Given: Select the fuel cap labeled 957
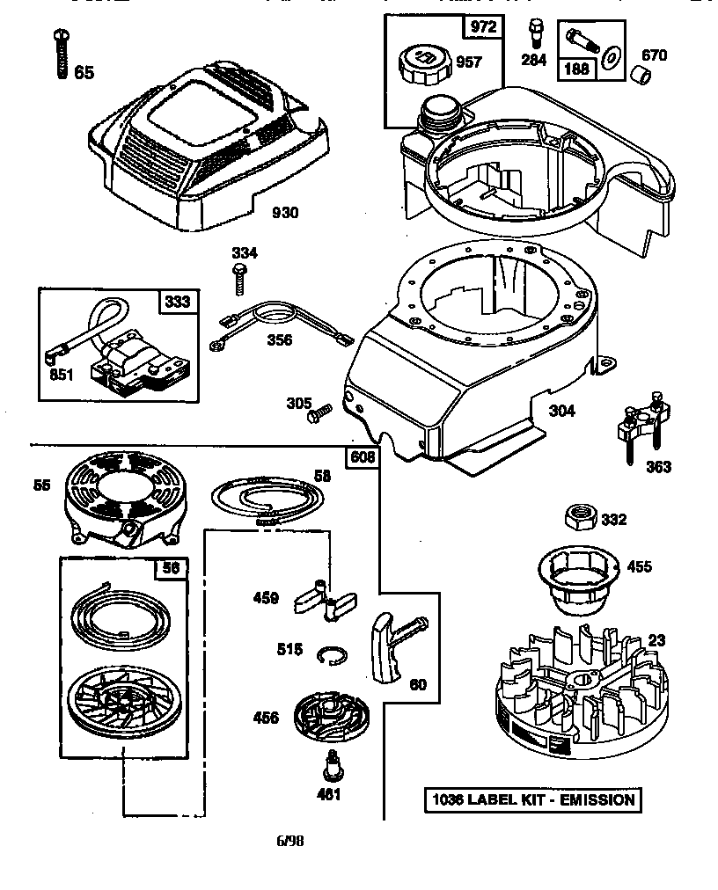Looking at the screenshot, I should coord(427,63).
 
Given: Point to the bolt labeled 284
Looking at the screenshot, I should coord(534,33).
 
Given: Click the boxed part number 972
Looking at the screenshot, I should coord(483,26).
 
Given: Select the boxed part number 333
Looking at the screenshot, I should coord(178,303).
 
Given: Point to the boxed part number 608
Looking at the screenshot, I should coord(363,456).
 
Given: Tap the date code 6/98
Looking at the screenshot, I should coord(290,840).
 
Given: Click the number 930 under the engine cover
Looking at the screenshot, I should coord(284,213).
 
